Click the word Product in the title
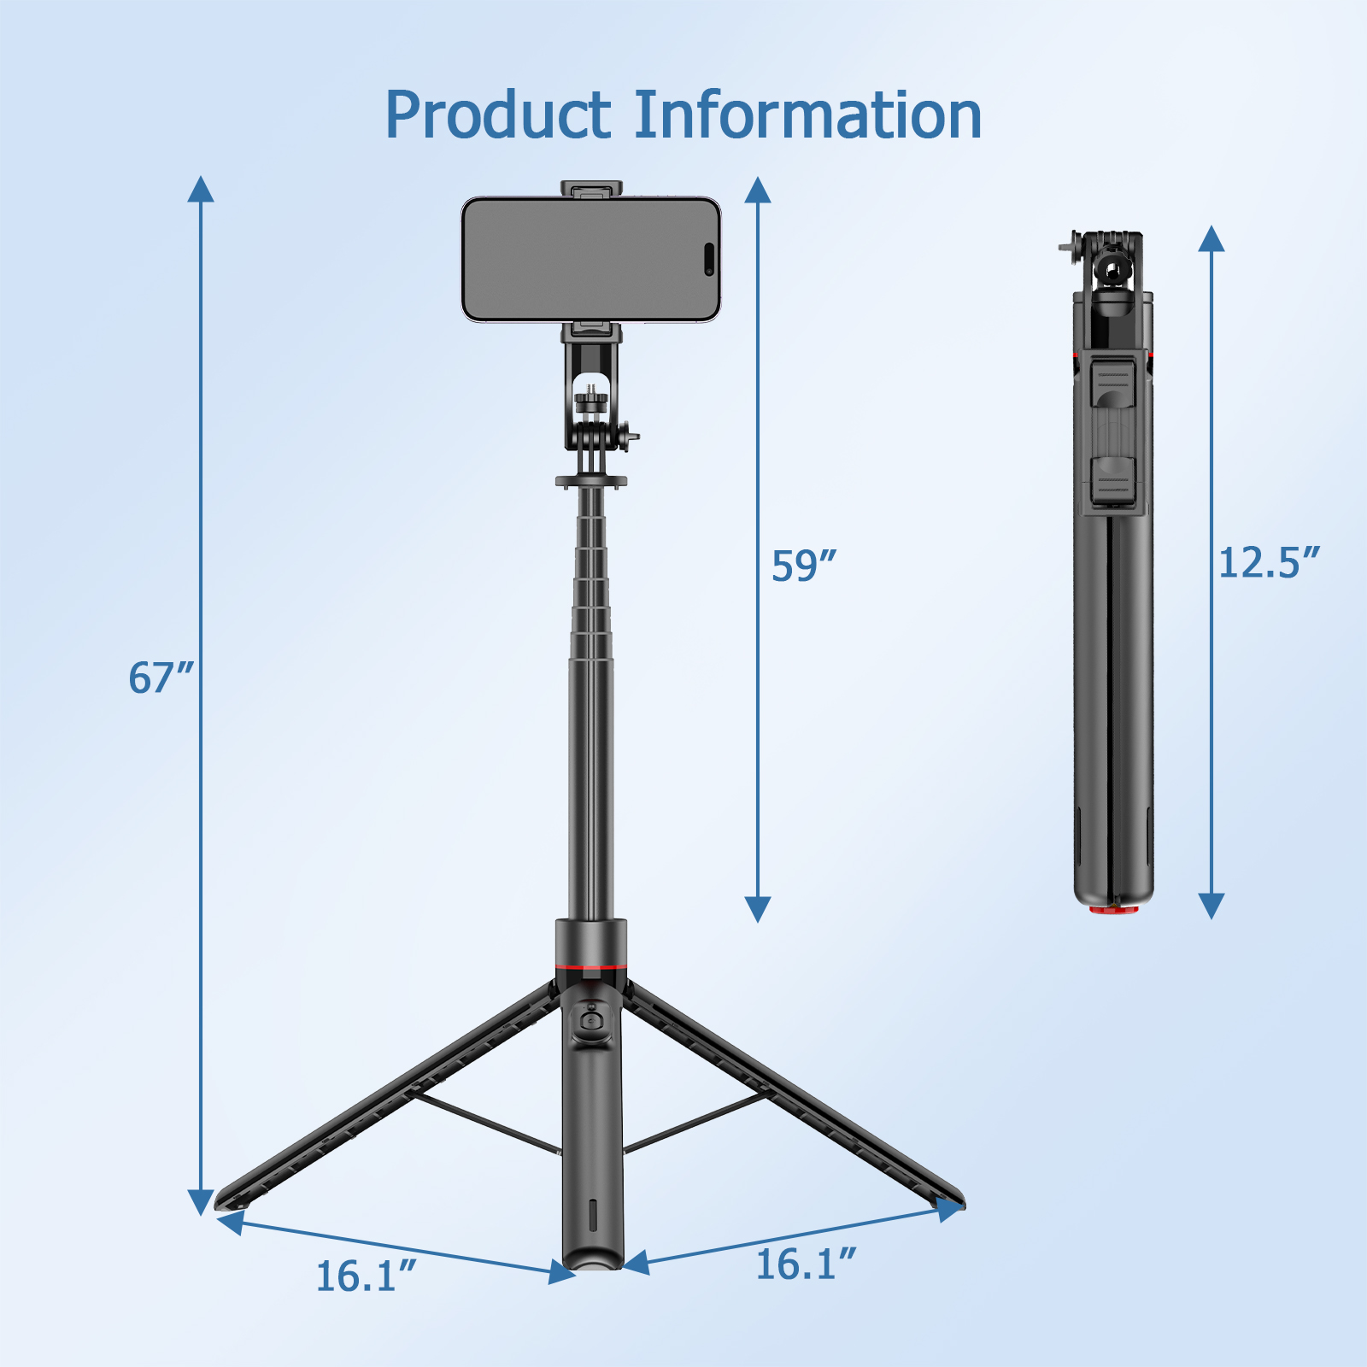[498, 115]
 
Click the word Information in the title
[807, 115]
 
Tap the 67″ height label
[161, 678]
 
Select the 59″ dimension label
[803, 566]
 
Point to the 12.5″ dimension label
[1268, 563]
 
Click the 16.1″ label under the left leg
[366, 1276]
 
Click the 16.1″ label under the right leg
[806, 1264]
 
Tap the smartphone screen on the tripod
[581, 260]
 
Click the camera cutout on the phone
[709, 260]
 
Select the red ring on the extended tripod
[590, 968]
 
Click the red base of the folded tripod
[1113, 909]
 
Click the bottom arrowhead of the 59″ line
[758, 909]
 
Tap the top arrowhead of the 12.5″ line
[1212, 238]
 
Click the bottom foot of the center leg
[592, 1259]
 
